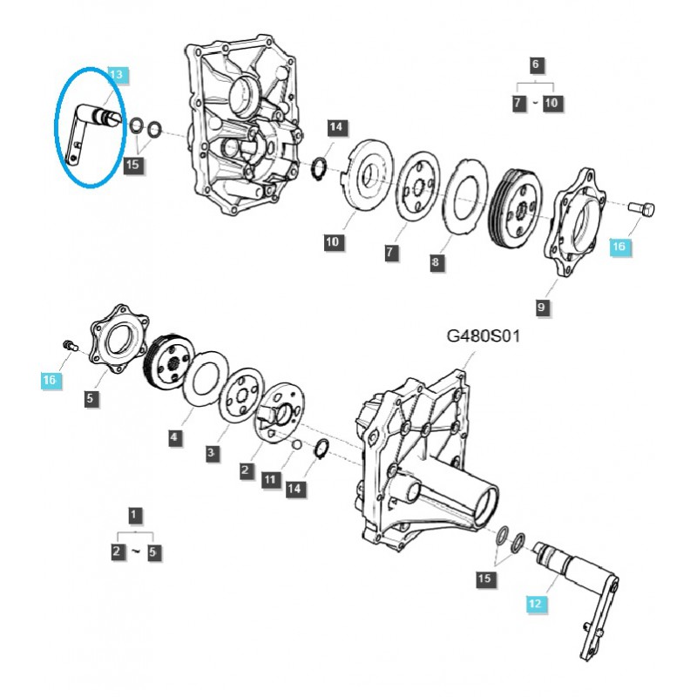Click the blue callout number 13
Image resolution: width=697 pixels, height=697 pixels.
click(117, 74)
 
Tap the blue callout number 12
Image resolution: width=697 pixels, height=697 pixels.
click(535, 604)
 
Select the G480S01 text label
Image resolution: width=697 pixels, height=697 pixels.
click(484, 336)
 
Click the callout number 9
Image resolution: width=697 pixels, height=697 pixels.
click(541, 307)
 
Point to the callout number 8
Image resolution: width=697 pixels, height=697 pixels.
click(435, 262)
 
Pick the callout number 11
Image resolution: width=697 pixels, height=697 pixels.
click(270, 480)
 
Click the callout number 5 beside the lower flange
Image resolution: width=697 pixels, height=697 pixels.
click(91, 398)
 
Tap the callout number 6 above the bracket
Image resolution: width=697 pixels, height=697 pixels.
click(535, 64)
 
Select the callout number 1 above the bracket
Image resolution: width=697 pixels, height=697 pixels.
click(134, 516)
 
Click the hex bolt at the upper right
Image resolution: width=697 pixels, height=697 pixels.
click(642, 209)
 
